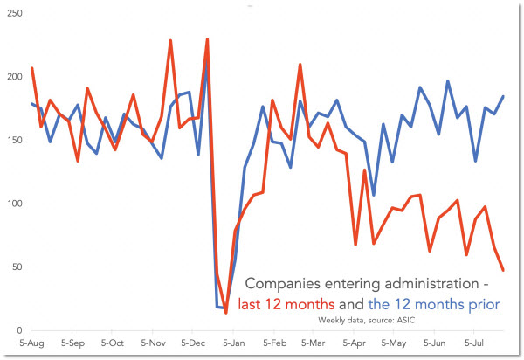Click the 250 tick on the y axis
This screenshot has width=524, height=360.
pyautogui.click(x=13, y=13)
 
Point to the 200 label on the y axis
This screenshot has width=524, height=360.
pyautogui.click(x=13, y=77)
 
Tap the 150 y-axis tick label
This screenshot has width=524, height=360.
pyautogui.click(x=13, y=140)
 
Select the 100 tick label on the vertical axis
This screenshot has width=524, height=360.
pyautogui.click(x=13, y=204)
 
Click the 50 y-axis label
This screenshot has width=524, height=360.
pyautogui.click(x=16, y=267)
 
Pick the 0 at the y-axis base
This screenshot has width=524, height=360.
pyautogui.click(x=18, y=330)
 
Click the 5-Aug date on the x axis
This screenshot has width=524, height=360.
pyautogui.click(x=31, y=343)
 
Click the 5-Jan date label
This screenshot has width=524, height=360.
pyautogui.click(x=233, y=343)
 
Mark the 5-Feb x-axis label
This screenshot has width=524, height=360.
pyautogui.click(x=274, y=343)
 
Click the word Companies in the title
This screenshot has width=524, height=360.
pyautogui.click(x=285, y=285)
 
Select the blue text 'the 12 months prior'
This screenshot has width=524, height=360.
pyautogui.click(x=434, y=304)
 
